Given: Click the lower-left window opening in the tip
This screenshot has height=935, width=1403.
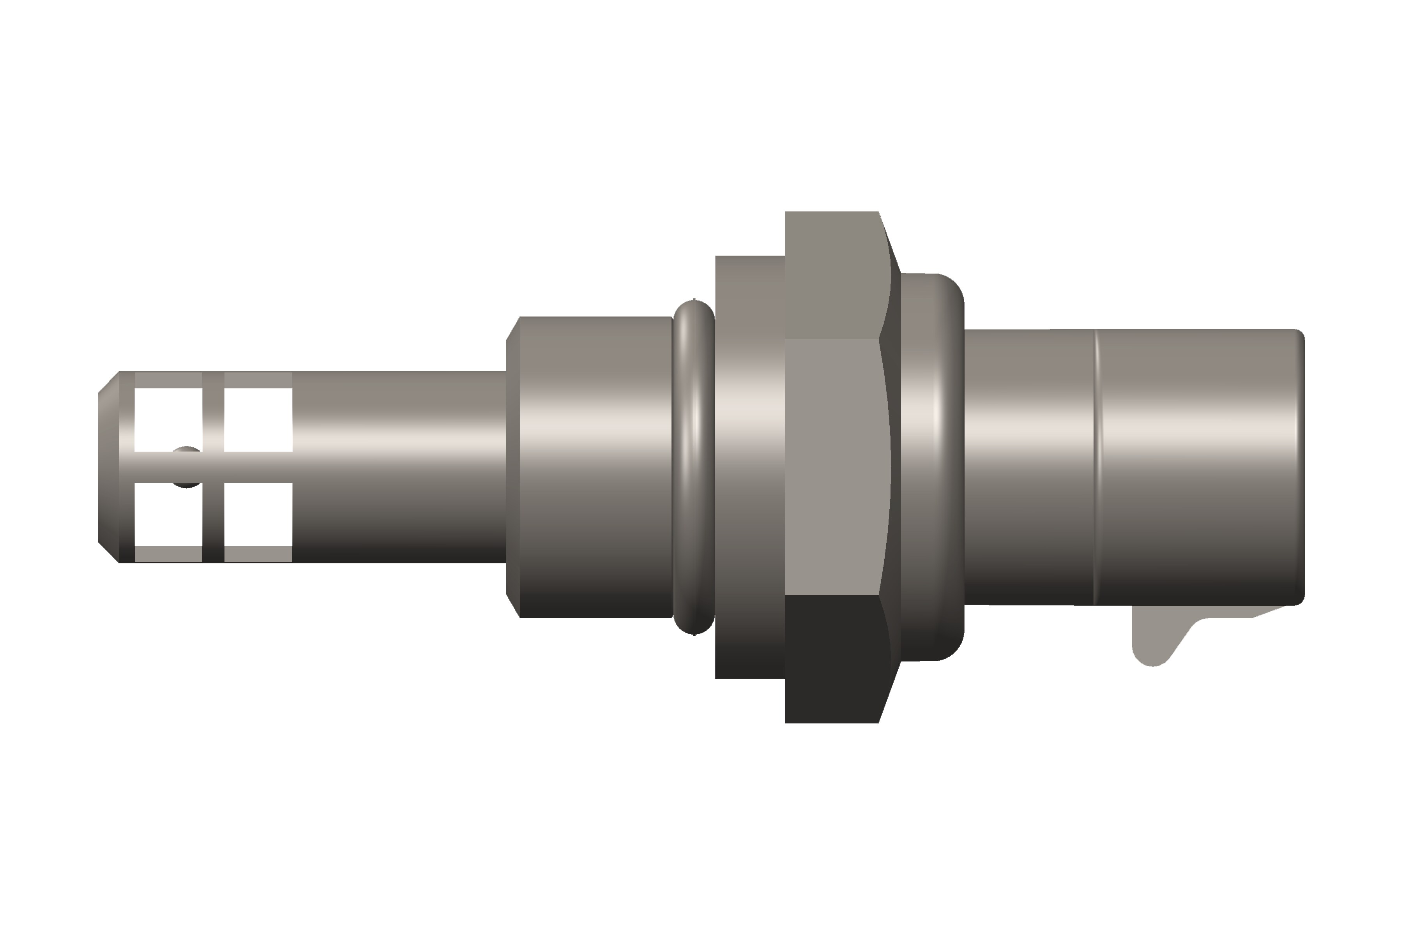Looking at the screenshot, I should coord(168,514).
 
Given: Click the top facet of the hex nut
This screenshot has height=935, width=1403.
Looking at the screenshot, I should coord(832,274).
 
